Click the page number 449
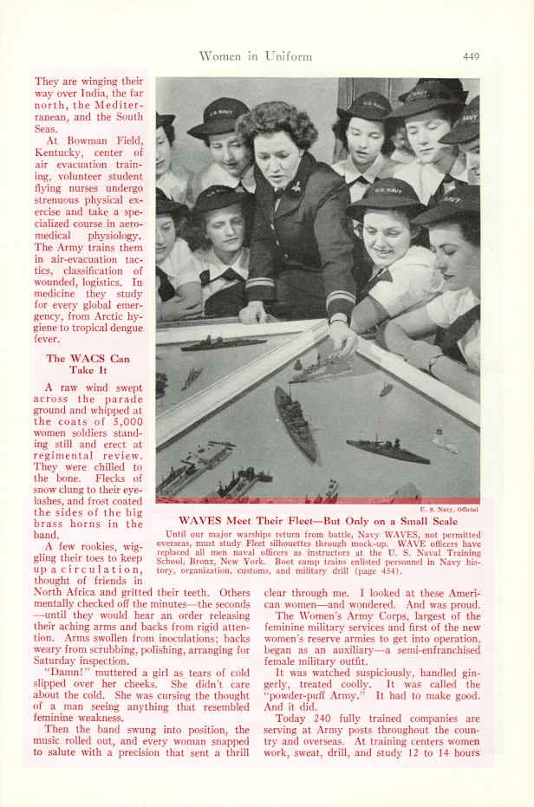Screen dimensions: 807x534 471,57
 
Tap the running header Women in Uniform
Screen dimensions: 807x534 255,57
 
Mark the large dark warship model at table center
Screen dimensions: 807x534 296,422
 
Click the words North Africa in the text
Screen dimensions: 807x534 67,595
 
